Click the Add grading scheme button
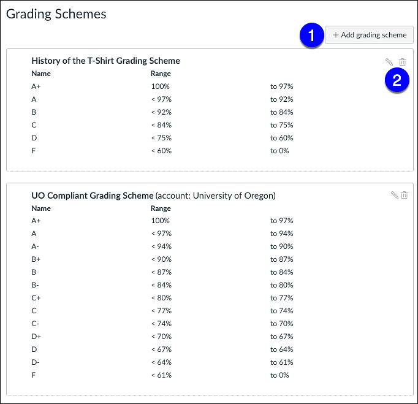370,35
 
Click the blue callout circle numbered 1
313,36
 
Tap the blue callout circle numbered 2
397,80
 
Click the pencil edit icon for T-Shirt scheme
389,62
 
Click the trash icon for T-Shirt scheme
403,62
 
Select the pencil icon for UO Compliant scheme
394,195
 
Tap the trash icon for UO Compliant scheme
405,195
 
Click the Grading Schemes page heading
56,14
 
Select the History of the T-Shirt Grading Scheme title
105,61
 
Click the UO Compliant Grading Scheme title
92,196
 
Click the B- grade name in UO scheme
35,285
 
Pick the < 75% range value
161,138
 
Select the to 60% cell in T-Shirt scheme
281,138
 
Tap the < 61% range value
161,375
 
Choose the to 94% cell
281,234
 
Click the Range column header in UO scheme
161,208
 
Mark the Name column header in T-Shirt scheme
40,74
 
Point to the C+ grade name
36,298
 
